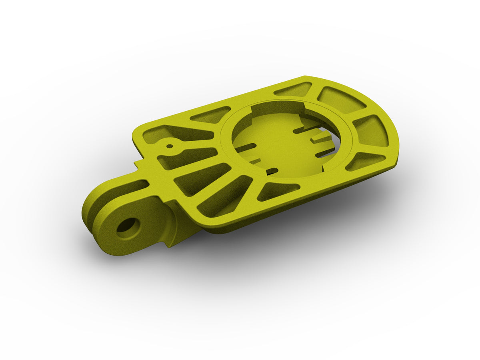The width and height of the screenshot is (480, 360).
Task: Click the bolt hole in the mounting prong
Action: [x=128, y=227]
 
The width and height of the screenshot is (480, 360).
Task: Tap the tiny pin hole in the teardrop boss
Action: [x=170, y=146]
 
